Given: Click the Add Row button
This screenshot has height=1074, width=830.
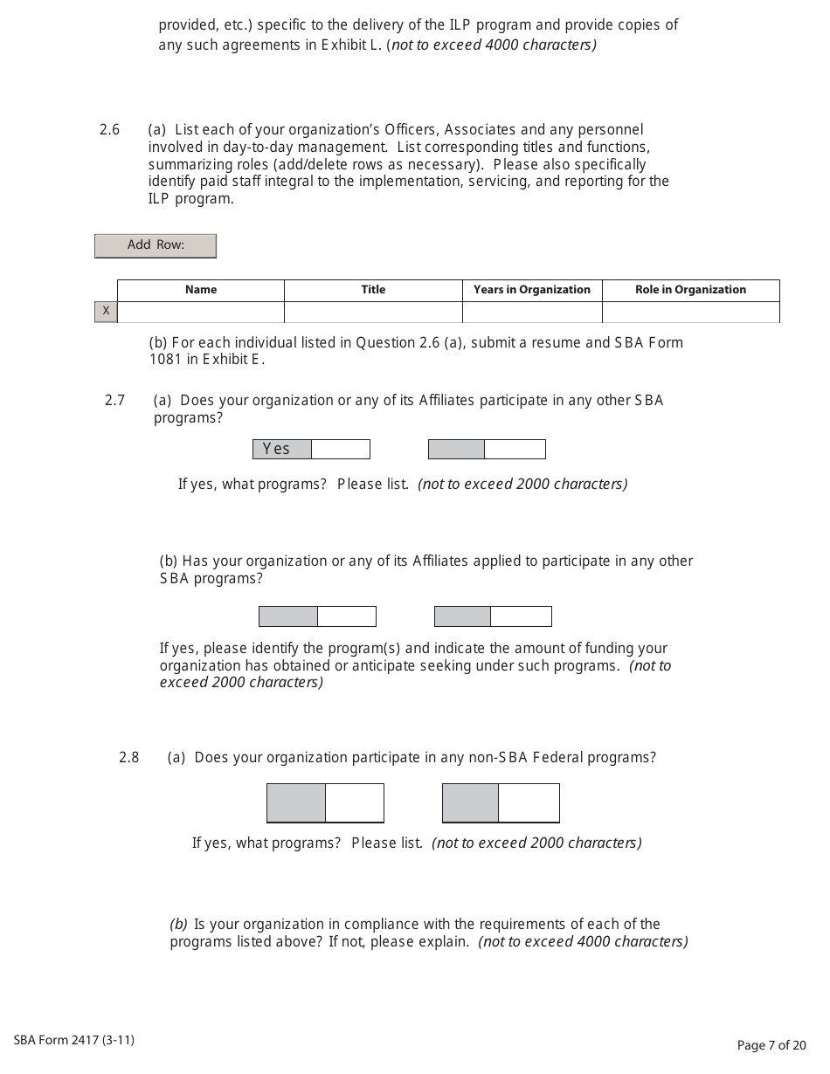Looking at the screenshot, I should (x=156, y=245).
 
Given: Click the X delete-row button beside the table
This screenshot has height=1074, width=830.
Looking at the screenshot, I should (x=106, y=311).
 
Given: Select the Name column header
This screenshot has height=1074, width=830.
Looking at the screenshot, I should (x=201, y=290).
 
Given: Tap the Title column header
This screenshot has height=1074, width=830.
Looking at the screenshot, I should (x=373, y=290).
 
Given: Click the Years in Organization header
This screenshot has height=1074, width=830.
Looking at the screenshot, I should (x=532, y=290).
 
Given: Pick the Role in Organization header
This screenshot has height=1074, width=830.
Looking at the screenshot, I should (x=690, y=290).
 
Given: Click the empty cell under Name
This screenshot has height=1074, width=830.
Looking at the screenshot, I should (x=201, y=312).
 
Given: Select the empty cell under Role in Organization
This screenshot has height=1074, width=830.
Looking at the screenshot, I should (x=690, y=312).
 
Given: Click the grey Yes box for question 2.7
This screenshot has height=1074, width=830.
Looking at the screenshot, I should (x=282, y=449).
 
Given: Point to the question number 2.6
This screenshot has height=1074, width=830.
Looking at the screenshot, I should (x=109, y=130).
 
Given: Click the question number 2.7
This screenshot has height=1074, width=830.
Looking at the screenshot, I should (x=114, y=401).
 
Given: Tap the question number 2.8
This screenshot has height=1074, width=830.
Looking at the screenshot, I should (x=129, y=758).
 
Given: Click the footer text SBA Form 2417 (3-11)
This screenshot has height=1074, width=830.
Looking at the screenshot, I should (x=74, y=1040).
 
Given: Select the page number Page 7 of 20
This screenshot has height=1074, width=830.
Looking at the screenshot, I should (x=771, y=1045).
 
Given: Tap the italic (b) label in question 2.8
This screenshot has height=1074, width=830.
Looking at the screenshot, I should (x=178, y=924).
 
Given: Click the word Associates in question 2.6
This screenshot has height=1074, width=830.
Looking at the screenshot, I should (x=479, y=130).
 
